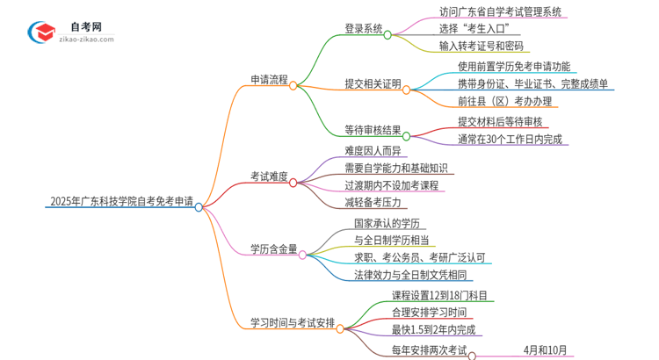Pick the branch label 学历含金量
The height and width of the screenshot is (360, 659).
(273, 248)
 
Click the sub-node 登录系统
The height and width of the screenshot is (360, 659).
(363, 28)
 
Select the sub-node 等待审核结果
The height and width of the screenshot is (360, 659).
(373, 130)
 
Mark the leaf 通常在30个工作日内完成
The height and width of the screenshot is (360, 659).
(510, 138)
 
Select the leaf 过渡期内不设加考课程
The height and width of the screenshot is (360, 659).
(392, 184)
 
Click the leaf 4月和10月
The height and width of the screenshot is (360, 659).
(546, 349)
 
